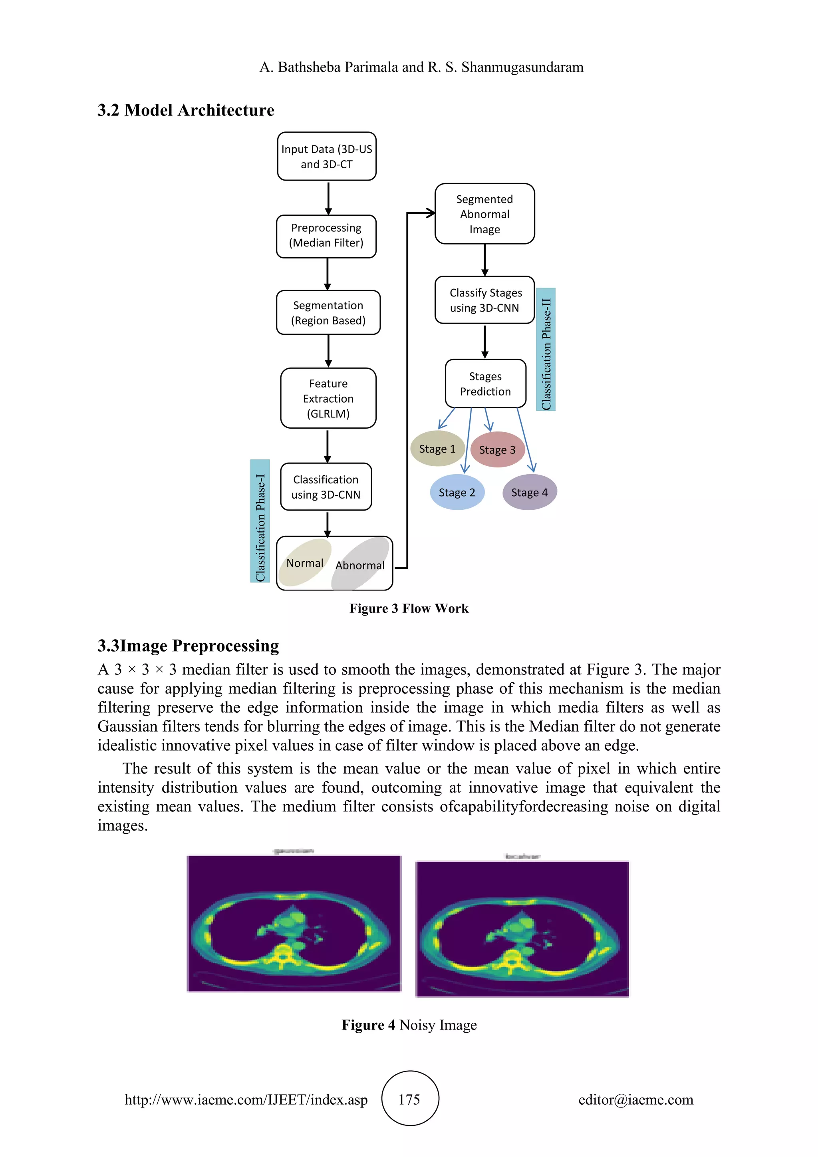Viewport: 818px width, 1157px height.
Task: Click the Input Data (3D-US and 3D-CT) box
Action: tap(326, 156)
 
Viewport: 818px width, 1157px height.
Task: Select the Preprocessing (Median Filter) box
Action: tap(326, 236)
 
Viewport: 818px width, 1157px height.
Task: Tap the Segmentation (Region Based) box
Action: tap(328, 312)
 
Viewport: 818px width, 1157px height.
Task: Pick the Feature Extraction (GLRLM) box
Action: tap(328, 398)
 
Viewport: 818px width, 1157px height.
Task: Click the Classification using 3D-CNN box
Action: tap(326, 487)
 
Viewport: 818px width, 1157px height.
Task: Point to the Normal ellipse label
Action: tap(305, 563)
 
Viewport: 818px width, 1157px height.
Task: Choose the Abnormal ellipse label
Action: tap(359, 565)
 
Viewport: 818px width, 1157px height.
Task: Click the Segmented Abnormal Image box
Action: tap(484, 214)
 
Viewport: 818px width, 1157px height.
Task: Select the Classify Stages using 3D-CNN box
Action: tap(484, 300)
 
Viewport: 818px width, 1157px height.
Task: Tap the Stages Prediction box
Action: tap(485, 384)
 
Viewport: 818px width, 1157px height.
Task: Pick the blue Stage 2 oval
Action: tap(457, 492)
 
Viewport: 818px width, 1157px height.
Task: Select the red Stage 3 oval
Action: tap(497, 449)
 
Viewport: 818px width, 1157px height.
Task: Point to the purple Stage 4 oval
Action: tap(529, 492)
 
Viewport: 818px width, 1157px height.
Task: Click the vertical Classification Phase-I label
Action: tap(260, 521)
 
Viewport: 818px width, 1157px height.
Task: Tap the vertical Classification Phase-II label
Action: tap(546, 350)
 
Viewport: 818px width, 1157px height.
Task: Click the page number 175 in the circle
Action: tap(409, 1099)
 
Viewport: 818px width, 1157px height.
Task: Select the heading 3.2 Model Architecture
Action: tap(186, 110)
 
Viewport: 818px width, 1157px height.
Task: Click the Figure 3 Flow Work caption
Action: tap(409, 608)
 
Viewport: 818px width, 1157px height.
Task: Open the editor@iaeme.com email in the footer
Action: tap(635, 1099)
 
